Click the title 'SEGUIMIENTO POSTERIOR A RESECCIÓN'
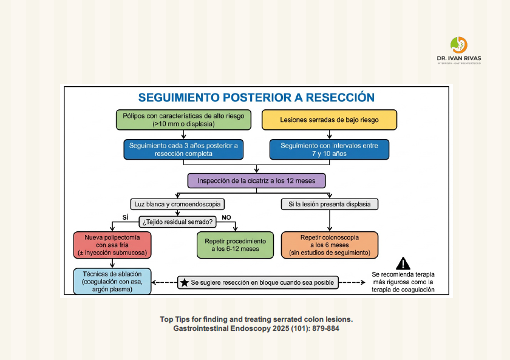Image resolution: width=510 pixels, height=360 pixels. pyautogui.click(x=256, y=98)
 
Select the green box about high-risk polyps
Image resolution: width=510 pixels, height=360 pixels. pyautogui.click(x=183, y=120)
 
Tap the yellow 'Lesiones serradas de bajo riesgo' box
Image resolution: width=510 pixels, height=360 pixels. pyautogui.click(x=329, y=120)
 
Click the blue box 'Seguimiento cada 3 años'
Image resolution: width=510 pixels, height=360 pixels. pyautogui.click(x=183, y=149)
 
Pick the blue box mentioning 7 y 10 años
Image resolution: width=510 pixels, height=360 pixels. pyautogui.click(x=329, y=149)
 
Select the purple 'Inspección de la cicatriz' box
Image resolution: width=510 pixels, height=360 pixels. pyautogui.click(x=256, y=181)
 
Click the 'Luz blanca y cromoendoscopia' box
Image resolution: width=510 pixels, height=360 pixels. pyautogui.click(x=177, y=204)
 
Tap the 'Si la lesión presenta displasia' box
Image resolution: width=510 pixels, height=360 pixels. pyautogui.click(x=330, y=204)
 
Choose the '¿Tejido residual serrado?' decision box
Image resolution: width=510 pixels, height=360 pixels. pyautogui.click(x=177, y=222)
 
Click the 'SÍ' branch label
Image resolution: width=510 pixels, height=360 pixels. pyautogui.click(x=126, y=217)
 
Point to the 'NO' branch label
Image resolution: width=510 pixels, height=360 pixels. pyautogui.click(x=226, y=217)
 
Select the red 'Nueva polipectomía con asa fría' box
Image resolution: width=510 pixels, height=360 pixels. pyautogui.click(x=112, y=245)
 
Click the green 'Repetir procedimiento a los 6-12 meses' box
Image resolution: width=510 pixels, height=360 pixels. pyautogui.click(x=235, y=245)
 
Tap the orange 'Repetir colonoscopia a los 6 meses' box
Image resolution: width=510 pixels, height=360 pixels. pyautogui.click(x=330, y=245)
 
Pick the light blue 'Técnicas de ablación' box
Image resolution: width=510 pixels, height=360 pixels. pyautogui.click(x=112, y=281)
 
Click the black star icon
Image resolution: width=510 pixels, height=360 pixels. pyautogui.click(x=185, y=282)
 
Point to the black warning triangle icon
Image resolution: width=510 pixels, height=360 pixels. pyautogui.click(x=403, y=263)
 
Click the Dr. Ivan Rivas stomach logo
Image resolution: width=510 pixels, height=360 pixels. pyautogui.click(x=459, y=45)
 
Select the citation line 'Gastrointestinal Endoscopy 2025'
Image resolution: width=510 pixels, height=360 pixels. pyautogui.click(x=256, y=328)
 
